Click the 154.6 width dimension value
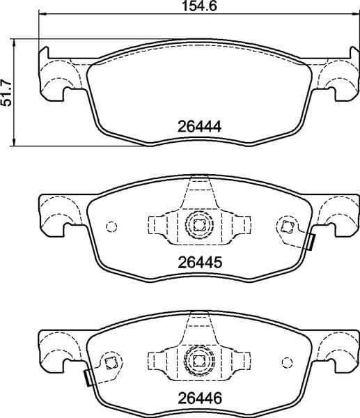(x=196, y=8)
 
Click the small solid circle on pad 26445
(x=110, y=226)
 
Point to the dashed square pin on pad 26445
(x=285, y=226)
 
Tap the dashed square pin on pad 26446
(x=109, y=361)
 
